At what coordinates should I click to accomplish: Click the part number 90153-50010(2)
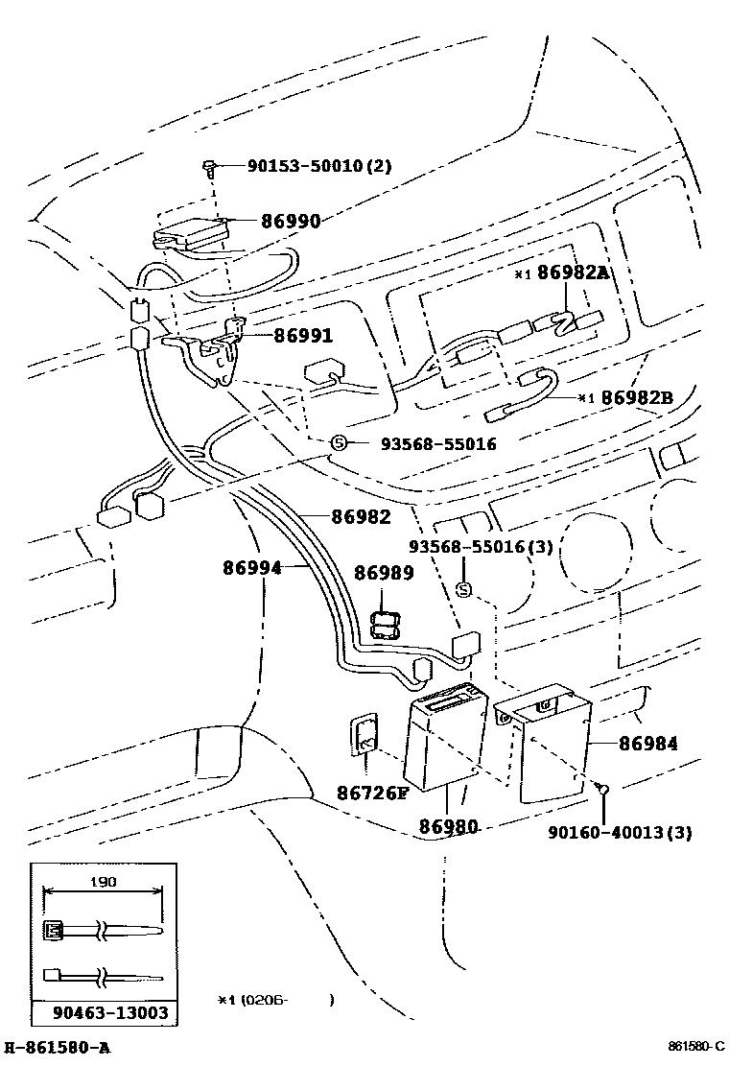pyautogui.click(x=319, y=166)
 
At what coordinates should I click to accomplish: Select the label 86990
pyautogui.click(x=291, y=221)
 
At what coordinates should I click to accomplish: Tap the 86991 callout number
pyautogui.click(x=303, y=336)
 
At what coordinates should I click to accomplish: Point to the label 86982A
pyautogui.click(x=573, y=273)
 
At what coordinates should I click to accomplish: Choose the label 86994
pyautogui.click(x=252, y=568)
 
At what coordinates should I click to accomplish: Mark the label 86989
pyautogui.click(x=384, y=574)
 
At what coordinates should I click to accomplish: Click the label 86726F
pyautogui.click(x=372, y=793)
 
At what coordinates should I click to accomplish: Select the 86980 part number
pyautogui.click(x=448, y=825)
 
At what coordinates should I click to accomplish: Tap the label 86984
pyautogui.click(x=648, y=743)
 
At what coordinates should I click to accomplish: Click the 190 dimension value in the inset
pyautogui.click(x=103, y=882)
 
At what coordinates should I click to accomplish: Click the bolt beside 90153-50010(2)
pyautogui.click(x=209, y=169)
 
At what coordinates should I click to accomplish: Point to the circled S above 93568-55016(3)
pyautogui.click(x=462, y=589)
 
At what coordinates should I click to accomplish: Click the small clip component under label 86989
pyautogui.click(x=385, y=626)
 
